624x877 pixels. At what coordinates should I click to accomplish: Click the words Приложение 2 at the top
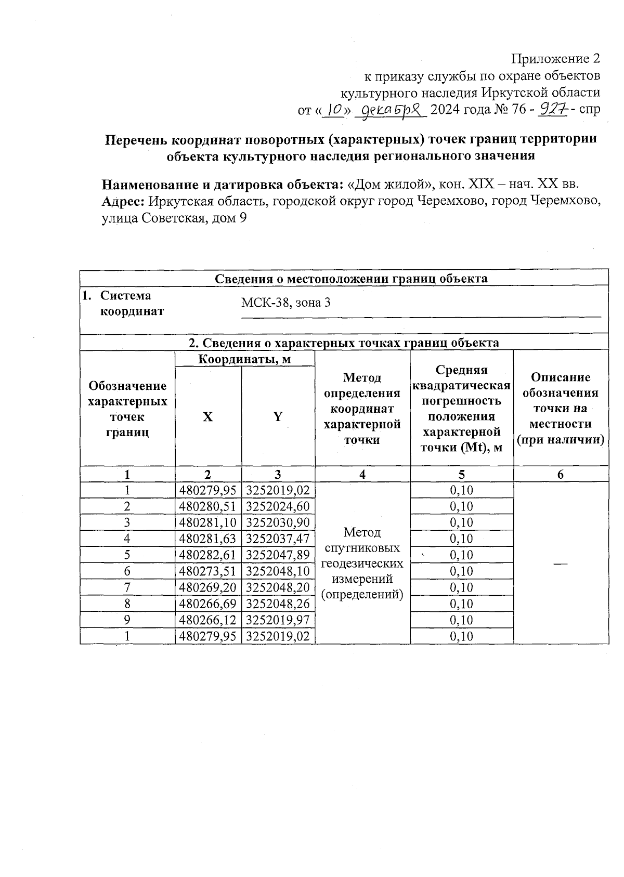pyautogui.click(x=556, y=59)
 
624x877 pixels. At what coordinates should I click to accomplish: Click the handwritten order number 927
pyautogui.click(x=553, y=110)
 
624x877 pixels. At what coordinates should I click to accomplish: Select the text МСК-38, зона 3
pyautogui.click(x=285, y=303)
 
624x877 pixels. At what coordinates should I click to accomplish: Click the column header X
pyautogui.click(x=207, y=416)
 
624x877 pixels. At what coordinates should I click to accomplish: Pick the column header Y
pyautogui.click(x=278, y=416)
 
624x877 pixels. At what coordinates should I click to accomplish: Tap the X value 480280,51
pyautogui.click(x=207, y=506)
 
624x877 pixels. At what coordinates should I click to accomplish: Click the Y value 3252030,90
pyautogui.click(x=278, y=522)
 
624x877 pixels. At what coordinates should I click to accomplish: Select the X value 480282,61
pyautogui.click(x=207, y=555)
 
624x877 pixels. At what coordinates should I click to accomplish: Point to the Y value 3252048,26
pyautogui.click(x=278, y=604)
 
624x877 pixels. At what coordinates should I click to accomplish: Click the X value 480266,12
pyautogui.click(x=207, y=620)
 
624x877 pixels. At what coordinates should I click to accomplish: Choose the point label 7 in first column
pyautogui.click(x=127, y=587)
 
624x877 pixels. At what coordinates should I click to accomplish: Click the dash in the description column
pyautogui.click(x=560, y=563)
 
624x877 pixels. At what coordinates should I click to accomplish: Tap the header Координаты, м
pyautogui.click(x=244, y=359)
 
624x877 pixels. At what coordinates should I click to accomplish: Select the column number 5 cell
pyautogui.click(x=461, y=474)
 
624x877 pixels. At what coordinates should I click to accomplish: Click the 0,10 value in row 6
pyautogui.click(x=461, y=571)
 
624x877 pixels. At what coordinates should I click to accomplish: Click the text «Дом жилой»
pyautogui.click(x=391, y=185)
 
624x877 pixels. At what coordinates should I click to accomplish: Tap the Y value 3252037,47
pyautogui.click(x=278, y=539)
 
